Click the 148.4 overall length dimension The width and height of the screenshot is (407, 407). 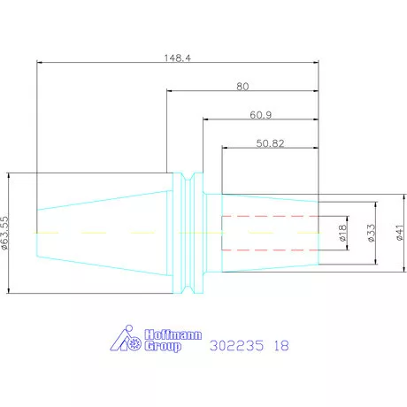coord(177,58)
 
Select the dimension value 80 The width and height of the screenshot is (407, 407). coord(242,87)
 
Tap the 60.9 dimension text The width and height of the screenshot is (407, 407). coord(261,115)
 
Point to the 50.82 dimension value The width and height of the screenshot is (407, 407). coord(270,143)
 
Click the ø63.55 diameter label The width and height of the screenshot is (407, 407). coord(5,234)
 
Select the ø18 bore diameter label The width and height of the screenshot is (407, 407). coord(342,233)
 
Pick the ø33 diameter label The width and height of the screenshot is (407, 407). coord(372,233)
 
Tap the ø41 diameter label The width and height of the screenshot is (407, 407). coord(400,233)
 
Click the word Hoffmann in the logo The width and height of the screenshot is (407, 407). coord(173,334)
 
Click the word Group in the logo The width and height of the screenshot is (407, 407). coord(163,346)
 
